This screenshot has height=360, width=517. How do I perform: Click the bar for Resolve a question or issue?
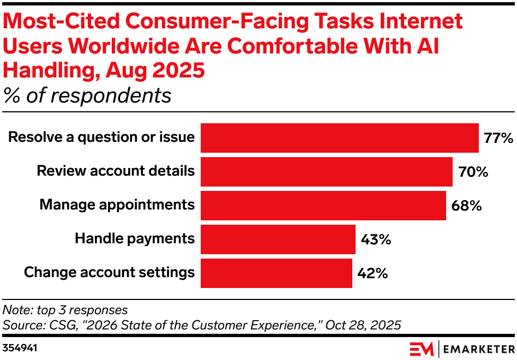tap(339, 137)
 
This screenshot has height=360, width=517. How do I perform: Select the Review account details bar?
tap(326, 172)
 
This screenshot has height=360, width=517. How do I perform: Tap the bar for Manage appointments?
tap(323, 206)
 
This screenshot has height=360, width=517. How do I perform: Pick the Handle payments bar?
tap(278, 239)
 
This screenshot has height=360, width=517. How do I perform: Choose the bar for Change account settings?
tap(276, 273)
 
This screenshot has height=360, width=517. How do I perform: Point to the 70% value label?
tap(473, 172)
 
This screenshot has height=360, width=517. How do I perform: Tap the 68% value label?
tap(466, 206)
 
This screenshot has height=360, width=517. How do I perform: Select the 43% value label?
tap(376, 239)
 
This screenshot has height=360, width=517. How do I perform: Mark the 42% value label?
tap(372, 273)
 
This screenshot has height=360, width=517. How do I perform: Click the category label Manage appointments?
tap(117, 205)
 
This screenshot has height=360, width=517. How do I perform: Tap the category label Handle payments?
tap(134, 238)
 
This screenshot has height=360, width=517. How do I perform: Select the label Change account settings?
tap(109, 272)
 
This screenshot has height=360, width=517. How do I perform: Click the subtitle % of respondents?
tap(87, 95)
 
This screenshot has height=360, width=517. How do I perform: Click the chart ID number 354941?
tap(20, 347)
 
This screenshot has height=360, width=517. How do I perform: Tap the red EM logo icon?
tap(421, 348)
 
